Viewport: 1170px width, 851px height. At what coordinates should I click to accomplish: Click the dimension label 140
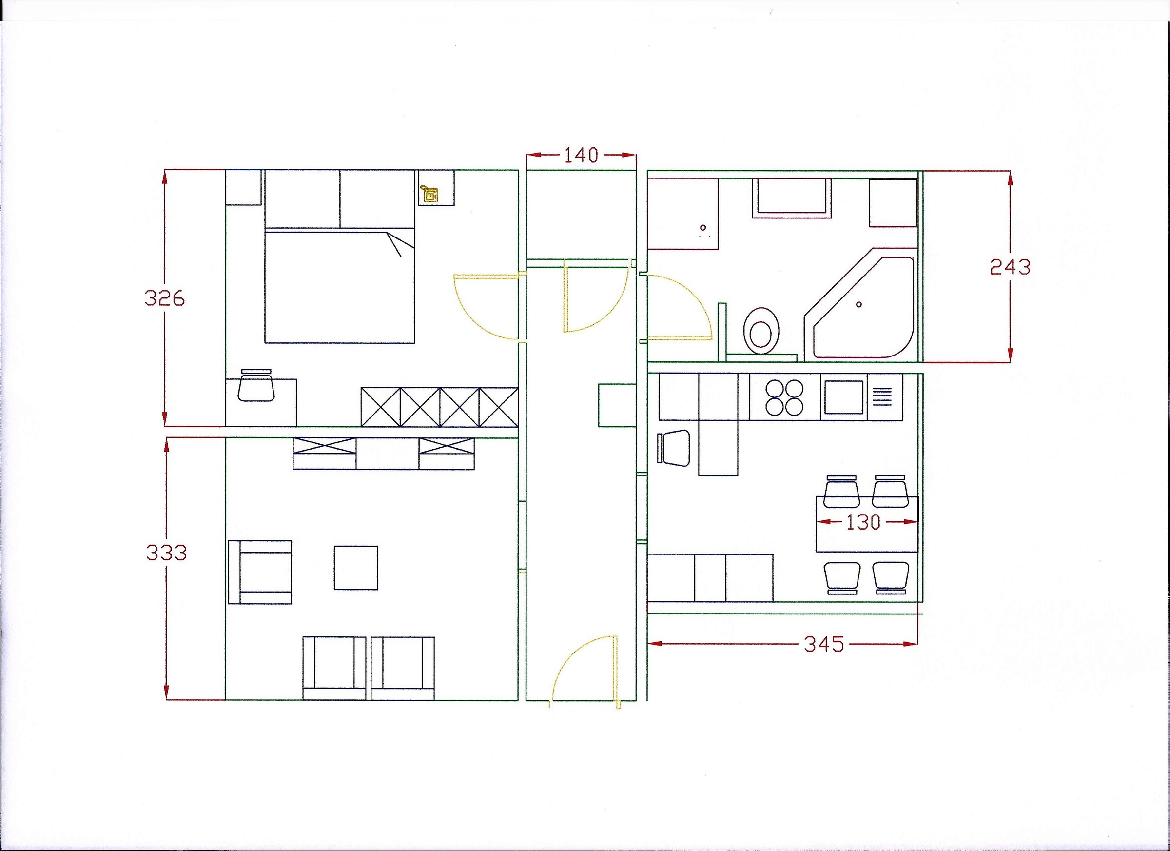pos(581,155)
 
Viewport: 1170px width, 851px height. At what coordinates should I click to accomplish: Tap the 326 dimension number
pos(165,298)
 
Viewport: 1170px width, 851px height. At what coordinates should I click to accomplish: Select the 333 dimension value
pos(166,553)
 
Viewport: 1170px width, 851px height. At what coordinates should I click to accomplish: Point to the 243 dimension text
pos(1010,267)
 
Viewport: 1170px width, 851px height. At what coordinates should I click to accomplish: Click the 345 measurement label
pos(824,644)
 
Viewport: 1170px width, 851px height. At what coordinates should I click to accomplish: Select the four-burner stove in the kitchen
pos(784,397)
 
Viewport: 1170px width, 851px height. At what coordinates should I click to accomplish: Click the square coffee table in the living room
pos(355,568)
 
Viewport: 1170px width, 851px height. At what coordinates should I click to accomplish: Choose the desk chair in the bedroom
pos(256,385)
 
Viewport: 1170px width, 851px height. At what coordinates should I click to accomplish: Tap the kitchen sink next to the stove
pos(844,397)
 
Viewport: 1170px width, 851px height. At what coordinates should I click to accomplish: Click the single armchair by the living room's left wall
pos(260,572)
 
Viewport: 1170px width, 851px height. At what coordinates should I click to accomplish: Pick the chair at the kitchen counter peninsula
pos(674,448)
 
